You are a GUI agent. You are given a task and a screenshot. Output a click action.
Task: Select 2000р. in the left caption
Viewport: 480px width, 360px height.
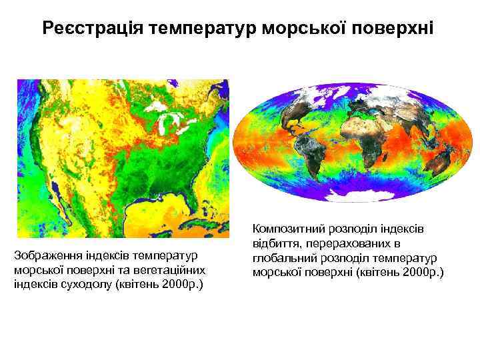click(x=177, y=285)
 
